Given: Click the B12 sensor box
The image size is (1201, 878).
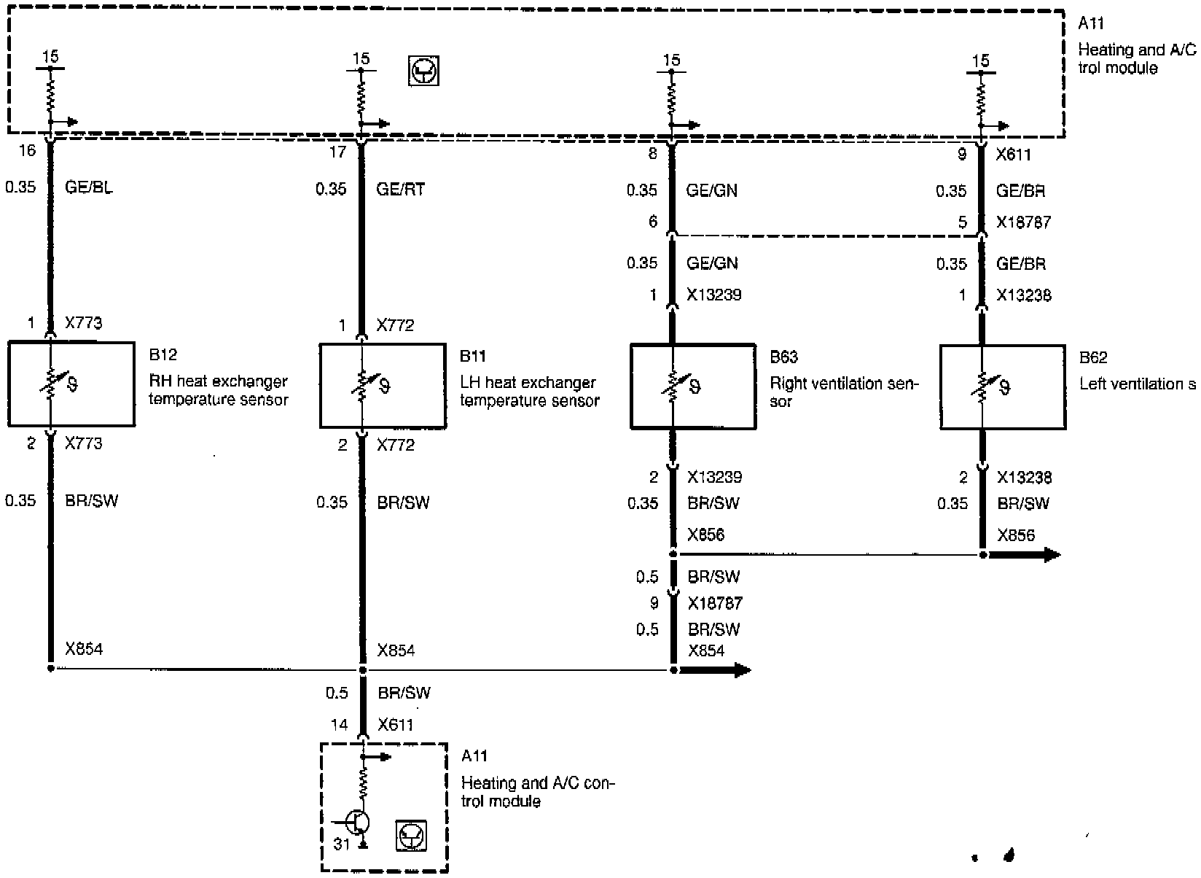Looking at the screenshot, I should tap(71, 384).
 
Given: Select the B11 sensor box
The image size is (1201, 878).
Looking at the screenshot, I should tap(383, 385).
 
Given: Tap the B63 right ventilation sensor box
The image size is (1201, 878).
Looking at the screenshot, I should tap(692, 386).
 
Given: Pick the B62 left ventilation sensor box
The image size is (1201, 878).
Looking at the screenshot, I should tap(1002, 386).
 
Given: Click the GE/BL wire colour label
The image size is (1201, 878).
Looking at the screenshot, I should tap(89, 187).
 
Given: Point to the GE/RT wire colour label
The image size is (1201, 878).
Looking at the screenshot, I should tap(400, 190).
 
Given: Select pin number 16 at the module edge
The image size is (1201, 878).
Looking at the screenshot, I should tap(27, 151).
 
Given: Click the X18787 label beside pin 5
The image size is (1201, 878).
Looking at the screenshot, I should tap(1024, 222).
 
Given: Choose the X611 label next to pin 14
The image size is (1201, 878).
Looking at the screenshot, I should tap(396, 725).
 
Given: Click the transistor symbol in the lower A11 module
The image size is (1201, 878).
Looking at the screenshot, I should tap(356, 823).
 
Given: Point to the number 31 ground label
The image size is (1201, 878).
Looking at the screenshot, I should tap(342, 844).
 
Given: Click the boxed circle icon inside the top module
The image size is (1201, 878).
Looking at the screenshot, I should tap(423, 71).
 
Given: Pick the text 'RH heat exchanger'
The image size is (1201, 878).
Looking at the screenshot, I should tap(218, 381).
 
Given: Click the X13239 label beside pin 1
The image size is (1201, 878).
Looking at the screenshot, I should tap(714, 295).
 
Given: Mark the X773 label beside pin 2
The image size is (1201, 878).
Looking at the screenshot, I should tap(83, 443).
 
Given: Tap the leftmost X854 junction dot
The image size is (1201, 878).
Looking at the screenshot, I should tap(50, 668).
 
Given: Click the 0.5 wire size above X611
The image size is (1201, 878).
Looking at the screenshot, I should tap(337, 693).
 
